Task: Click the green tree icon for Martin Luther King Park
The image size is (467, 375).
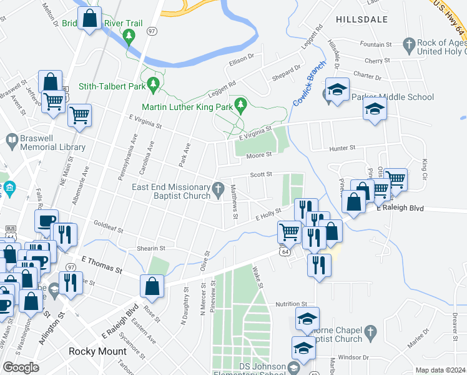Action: pos(238,102)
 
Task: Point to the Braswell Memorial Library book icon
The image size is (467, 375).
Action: pos(11,139)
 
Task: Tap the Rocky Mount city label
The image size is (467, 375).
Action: pos(97,351)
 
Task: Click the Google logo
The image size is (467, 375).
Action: pos(21,367)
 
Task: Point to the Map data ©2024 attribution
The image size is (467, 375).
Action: pos(440,370)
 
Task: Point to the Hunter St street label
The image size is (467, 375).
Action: pos(343,148)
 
